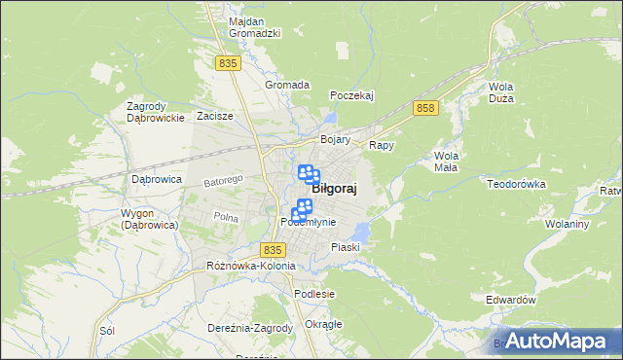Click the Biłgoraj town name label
333,190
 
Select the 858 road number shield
424,108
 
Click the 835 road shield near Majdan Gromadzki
228,63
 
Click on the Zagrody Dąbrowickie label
156,112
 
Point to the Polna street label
226,217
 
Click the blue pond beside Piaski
361,232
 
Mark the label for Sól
107,331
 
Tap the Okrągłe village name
323,324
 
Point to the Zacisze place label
214,116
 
